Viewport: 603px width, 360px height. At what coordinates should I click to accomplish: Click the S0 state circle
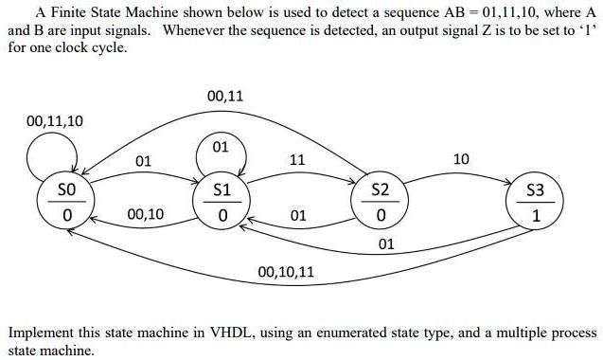coord(66,204)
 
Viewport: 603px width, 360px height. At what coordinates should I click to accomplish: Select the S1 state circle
coord(221,204)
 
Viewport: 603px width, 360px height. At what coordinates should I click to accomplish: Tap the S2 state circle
coord(380,204)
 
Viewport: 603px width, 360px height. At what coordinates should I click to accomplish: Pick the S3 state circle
coord(536,204)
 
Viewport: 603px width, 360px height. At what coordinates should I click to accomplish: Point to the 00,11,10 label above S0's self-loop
coord(55,120)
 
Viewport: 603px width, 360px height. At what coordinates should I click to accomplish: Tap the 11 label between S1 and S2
coord(296,160)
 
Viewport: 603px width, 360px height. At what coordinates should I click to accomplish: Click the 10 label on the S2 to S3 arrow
coord(461,159)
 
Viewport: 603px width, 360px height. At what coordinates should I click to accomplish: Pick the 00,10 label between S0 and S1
coord(145,215)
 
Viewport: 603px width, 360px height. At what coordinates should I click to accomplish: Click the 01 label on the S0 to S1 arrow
coord(143,160)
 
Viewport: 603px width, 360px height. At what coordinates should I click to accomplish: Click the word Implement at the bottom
coord(44,333)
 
